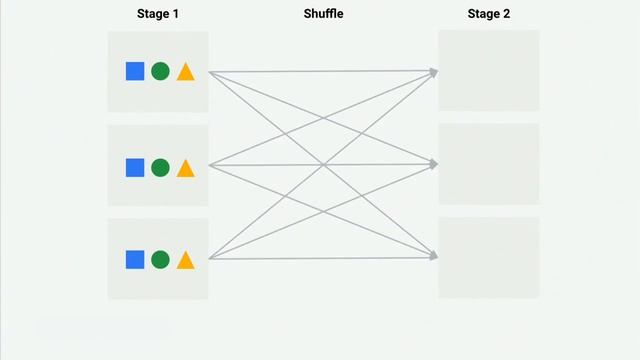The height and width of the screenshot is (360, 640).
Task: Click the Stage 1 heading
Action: point(157,14)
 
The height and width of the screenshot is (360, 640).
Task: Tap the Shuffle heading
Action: point(323,14)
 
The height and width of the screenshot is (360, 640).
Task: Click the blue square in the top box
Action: point(135,71)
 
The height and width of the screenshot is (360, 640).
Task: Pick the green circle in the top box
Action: point(160,71)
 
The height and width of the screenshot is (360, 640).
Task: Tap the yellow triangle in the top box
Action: point(185,72)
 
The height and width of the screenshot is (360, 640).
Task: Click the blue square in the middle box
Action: point(135,167)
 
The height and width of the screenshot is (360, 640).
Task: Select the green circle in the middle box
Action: point(160,167)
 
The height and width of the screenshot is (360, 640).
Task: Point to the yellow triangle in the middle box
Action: point(185,168)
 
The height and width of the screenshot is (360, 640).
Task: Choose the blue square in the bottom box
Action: point(135,259)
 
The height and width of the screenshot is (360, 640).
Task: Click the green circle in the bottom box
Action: point(160,259)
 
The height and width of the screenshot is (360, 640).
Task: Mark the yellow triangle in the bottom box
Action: point(185,260)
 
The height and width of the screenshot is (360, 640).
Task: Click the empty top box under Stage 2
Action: point(488,70)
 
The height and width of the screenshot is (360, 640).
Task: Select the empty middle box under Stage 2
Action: point(488,164)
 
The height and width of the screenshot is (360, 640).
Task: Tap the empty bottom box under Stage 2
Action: point(488,257)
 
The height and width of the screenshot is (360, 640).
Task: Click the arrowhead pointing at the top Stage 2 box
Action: point(434,71)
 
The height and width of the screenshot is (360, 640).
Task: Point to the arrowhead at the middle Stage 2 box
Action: point(434,163)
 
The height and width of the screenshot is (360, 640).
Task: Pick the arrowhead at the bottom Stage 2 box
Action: point(434,257)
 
